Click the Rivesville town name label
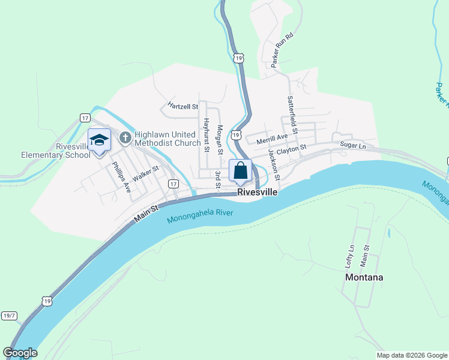(x=258, y=193)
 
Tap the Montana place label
(x=364, y=277)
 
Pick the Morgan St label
(x=220, y=139)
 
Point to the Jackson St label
(x=274, y=164)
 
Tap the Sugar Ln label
(x=352, y=145)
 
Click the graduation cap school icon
(x=99, y=140)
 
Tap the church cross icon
(x=125, y=139)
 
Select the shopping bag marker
(x=240, y=170)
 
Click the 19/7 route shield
(x=9, y=315)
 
